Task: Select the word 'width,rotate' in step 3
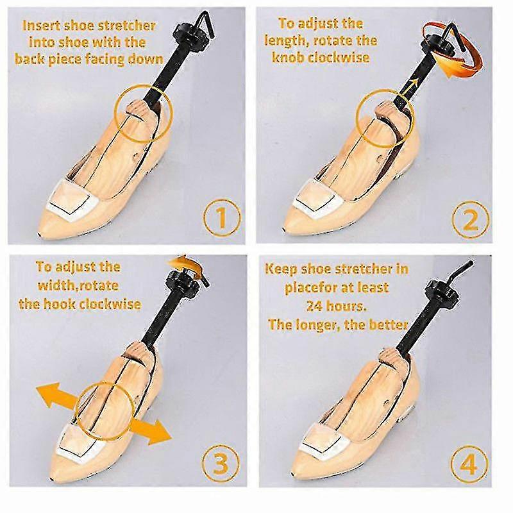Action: [x=77, y=285]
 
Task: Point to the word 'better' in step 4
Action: [x=386, y=324]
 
